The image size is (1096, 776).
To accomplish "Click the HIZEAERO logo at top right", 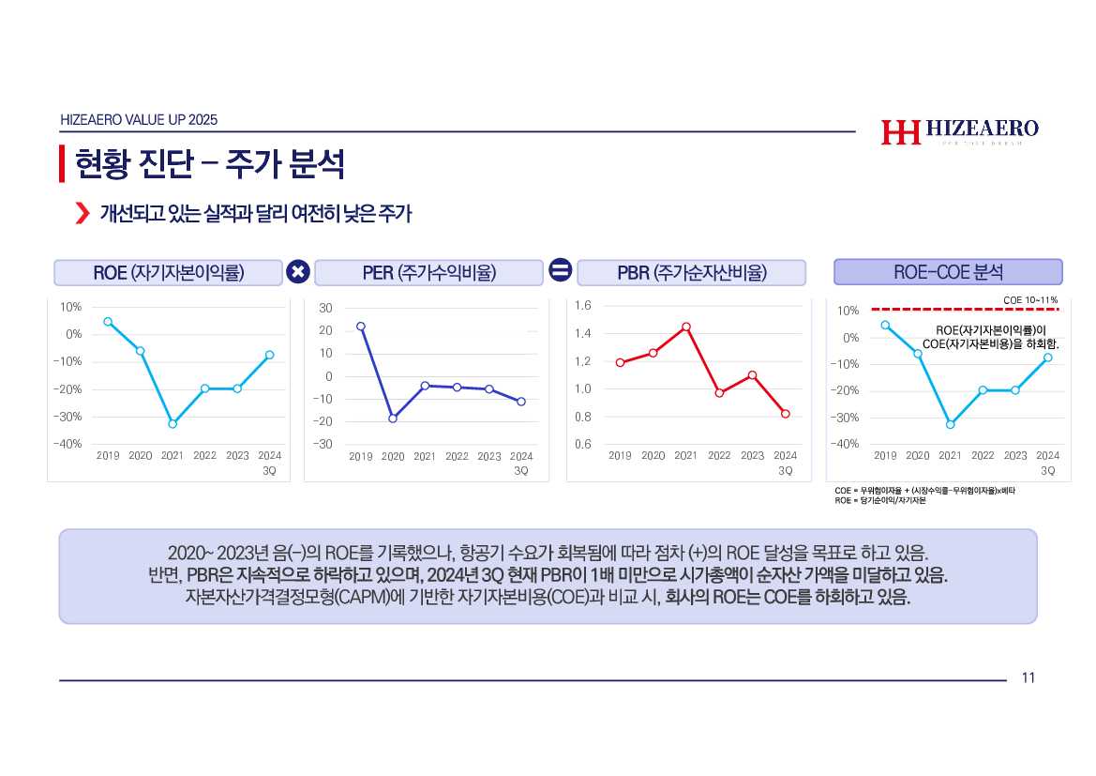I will pyautogui.click(x=959, y=132).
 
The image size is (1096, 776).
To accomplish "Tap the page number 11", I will pyautogui.click(x=1028, y=678).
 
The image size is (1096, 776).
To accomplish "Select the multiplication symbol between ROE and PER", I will pyautogui.click(x=297, y=272).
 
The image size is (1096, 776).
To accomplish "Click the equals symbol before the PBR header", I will pyautogui.click(x=560, y=272).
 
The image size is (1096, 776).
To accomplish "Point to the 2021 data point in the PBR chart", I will pyautogui.click(x=686, y=327).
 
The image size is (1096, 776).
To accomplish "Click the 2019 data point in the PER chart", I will pyautogui.click(x=361, y=327).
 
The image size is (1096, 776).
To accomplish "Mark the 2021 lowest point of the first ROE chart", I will pyautogui.click(x=173, y=424).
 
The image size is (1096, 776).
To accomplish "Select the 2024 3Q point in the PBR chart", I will pyautogui.click(x=786, y=414).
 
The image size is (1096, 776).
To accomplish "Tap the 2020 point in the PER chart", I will pyautogui.click(x=393, y=418).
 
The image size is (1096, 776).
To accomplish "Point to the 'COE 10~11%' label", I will pyautogui.click(x=1030, y=299).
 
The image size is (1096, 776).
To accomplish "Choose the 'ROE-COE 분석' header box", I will pyautogui.click(x=948, y=272).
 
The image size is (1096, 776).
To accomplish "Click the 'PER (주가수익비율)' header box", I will pyautogui.click(x=428, y=273).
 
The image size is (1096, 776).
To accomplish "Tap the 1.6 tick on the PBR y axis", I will pyautogui.click(x=583, y=306).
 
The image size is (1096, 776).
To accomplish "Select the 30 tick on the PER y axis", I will pyautogui.click(x=325, y=308).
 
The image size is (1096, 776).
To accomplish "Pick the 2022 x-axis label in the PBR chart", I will pyautogui.click(x=719, y=456).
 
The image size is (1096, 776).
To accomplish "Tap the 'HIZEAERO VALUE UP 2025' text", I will pyautogui.click(x=139, y=120).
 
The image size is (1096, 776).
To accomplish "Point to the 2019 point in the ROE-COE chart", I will pyautogui.click(x=885, y=326).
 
